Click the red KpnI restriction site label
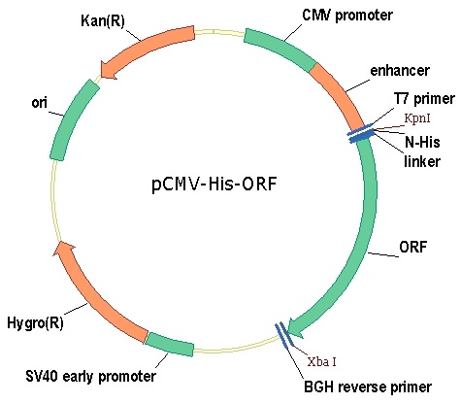(423, 119)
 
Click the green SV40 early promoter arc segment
(169, 342)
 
